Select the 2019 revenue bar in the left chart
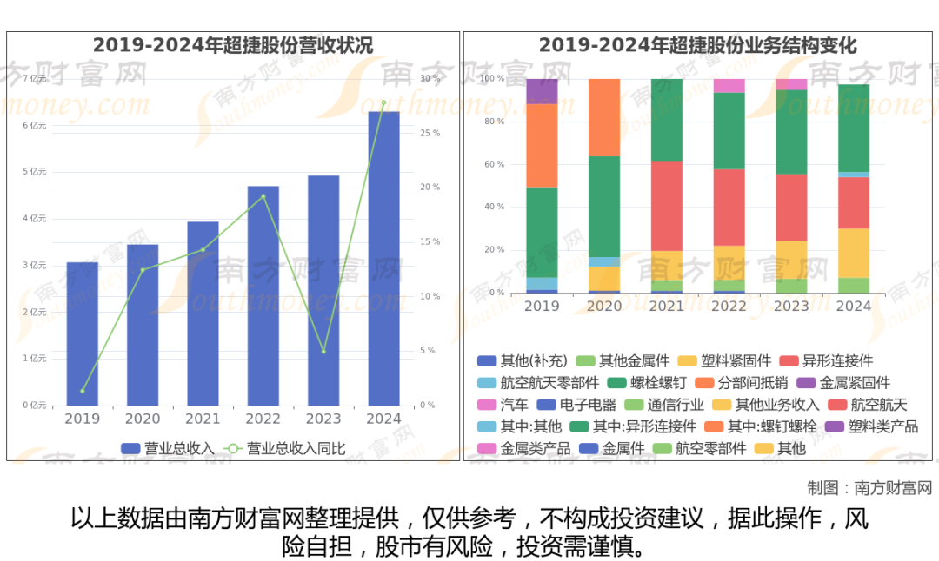83,333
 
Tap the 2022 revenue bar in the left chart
263,295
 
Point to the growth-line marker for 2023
323,351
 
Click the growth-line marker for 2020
143,269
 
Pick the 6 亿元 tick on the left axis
35,125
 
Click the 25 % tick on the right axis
430,133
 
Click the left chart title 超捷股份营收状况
233,45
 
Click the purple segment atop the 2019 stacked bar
542,91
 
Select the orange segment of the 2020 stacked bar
604,117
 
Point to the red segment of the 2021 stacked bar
667,206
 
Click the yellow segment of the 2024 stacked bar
854,253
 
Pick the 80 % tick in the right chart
493,122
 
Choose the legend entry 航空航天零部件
538,382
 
